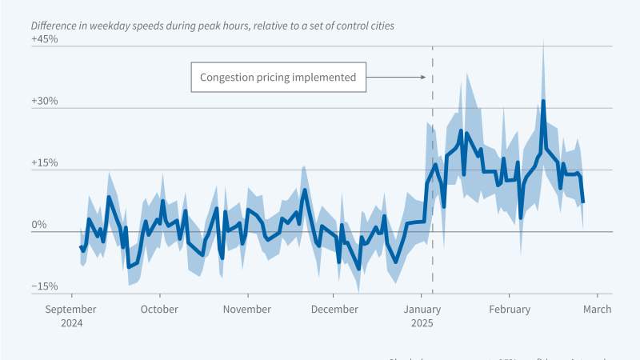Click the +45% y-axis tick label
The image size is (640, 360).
click(44, 39)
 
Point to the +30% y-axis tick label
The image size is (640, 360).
click(44, 101)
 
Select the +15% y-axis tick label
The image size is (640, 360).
click(44, 162)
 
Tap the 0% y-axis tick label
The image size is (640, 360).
click(40, 225)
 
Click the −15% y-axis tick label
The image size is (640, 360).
click(44, 286)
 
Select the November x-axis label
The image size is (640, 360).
click(246, 310)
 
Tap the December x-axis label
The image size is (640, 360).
click(334, 310)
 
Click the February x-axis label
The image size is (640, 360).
click(510, 310)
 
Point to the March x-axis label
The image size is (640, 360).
click(597, 310)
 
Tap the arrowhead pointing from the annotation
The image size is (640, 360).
click(425, 78)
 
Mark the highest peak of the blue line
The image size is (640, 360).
click(543, 102)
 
